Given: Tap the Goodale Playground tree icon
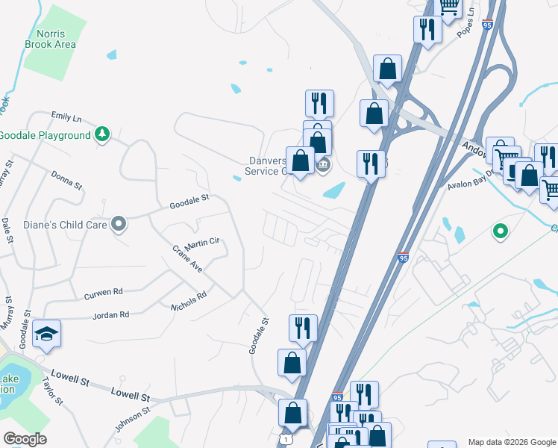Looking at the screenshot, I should (x=102, y=135).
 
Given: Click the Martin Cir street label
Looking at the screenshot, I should (x=202, y=243).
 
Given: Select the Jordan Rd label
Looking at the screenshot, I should (x=110, y=315).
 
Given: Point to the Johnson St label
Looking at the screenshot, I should (x=134, y=417).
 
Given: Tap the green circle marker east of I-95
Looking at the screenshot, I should (x=500, y=232).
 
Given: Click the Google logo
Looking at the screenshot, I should (x=25, y=439).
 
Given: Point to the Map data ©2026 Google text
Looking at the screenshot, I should (x=511, y=442).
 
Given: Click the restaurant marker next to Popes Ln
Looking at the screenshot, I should (x=427, y=29).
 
